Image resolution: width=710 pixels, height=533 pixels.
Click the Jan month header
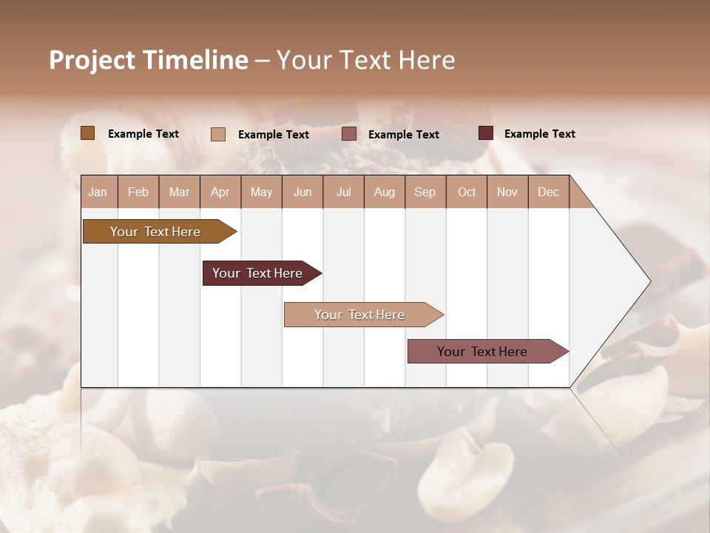point(98,192)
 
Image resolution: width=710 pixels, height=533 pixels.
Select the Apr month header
point(220,192)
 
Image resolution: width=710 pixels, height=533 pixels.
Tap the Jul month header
point(343,192)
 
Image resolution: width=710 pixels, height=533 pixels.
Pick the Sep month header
point(425,192)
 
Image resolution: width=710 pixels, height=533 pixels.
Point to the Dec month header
point(548,192)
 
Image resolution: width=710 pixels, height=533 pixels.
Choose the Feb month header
point(138,192)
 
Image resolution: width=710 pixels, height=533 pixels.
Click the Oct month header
point(467,192)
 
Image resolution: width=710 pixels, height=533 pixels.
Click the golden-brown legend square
point(87,133)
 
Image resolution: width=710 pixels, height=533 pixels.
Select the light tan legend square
point(218,134)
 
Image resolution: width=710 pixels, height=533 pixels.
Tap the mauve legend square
point(349,134)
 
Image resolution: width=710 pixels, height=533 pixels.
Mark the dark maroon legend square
point(486,133)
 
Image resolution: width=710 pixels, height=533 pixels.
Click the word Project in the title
point(92,60)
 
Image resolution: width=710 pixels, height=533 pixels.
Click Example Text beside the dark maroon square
point(539,134)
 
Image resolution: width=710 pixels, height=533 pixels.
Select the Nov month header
point(507,192)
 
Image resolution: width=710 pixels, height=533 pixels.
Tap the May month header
point(261,192)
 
